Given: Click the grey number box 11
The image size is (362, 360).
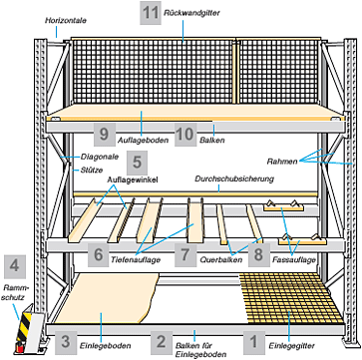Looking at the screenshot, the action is click(151, 13).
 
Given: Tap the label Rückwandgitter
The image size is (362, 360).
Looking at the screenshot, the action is click(191, 13).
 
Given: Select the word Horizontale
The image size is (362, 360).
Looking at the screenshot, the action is click(66, 21).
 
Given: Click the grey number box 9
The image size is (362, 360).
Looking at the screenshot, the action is click(105, 135).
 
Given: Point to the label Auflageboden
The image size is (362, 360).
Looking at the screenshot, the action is click(143, 141).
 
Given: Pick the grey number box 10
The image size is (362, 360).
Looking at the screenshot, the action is click(185, 135).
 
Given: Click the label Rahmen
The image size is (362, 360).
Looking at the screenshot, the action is click(282, 162).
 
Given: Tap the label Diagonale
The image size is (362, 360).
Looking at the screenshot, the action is click(100, 157).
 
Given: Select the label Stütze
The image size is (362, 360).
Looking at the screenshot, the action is click(91, 171).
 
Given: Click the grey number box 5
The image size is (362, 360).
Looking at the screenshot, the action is click(137, 163).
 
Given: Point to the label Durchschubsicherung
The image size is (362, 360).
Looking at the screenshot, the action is click(234, 179).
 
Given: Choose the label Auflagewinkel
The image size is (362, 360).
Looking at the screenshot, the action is click(133, 180).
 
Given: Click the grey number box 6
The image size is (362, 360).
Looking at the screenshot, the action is click(99, 254).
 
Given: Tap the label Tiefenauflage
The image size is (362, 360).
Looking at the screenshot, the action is click(136, 259).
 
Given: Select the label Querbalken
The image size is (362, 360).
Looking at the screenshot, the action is click(221, 260).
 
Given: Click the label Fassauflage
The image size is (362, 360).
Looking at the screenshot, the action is click(293, 260).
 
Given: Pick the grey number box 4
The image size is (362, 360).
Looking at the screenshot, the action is click(14, 266).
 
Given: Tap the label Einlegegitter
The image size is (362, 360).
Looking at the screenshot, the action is click(291, 346).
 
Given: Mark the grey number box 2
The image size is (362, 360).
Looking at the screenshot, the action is click(161, 342).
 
